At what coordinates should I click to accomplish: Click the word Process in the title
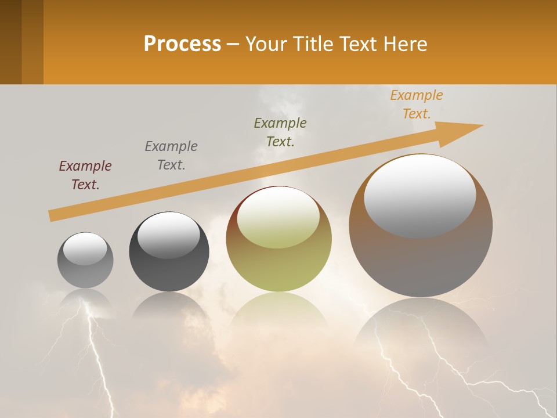(x=182, y=44)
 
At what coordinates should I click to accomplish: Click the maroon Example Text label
(x=85, y=175)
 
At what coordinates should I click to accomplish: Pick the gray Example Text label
(x=171, y=156)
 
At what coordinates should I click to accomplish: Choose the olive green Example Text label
(x=280, y=132)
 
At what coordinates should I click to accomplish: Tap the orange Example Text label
(x=417, y=105)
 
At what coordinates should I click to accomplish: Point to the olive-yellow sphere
(x=279, y=267)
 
